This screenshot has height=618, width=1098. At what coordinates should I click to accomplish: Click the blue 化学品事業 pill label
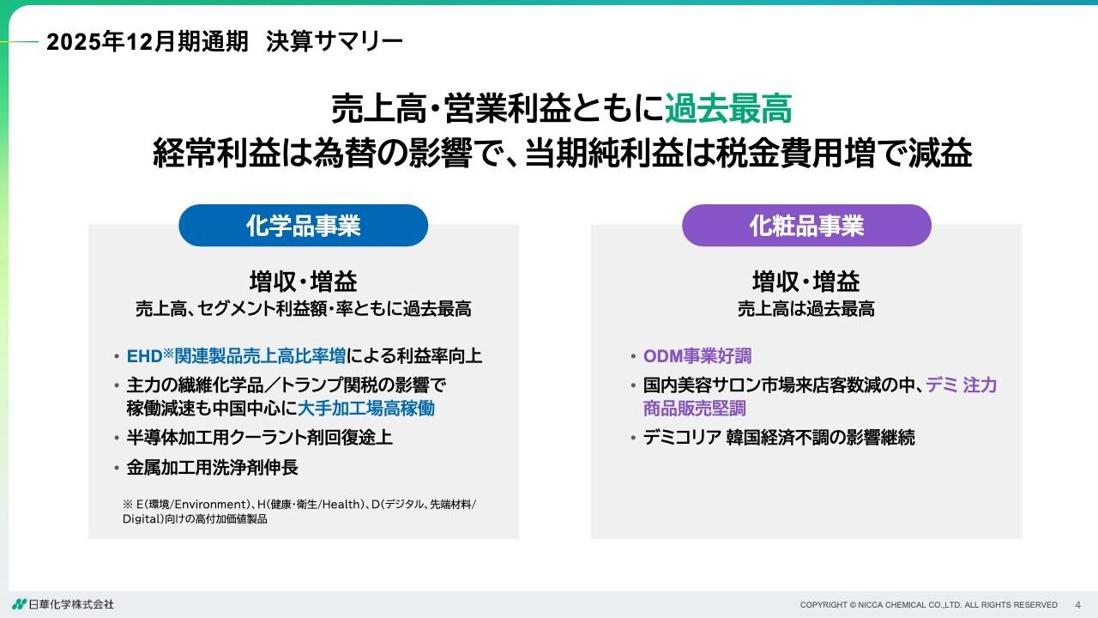(x=303, y=226)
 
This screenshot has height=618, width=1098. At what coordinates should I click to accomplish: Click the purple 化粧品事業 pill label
(x=806, y=226)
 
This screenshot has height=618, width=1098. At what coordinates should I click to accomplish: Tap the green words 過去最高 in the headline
(x=727, y=110)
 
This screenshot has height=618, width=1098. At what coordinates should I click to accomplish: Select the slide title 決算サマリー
(x=334, y=41)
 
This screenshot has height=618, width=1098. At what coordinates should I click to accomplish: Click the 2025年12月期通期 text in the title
(x=148, y=41)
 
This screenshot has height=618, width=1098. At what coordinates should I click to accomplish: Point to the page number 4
(x=1078, y=605)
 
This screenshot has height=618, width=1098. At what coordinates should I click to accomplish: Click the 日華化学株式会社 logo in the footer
(x=63, y=604)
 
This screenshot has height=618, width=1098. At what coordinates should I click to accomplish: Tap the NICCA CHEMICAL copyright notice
(x=928, y=605)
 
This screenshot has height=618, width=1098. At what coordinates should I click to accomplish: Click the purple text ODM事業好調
(x=697, y=356)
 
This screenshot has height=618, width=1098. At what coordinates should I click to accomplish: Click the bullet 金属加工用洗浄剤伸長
(x=212, y=468)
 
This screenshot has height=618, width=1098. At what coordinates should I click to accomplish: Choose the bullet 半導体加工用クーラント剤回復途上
(x=259, y=438)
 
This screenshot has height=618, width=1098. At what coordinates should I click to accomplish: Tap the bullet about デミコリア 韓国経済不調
(x=779, y=438)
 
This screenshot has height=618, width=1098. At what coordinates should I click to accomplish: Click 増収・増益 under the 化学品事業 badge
(x=303, y=282)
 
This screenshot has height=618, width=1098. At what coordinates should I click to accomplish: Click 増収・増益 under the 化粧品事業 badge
(x=806, y=282)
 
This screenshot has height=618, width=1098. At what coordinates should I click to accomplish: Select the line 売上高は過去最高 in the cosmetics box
(x=806, y=309)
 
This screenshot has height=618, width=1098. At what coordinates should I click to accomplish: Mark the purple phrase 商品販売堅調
(x=694, y=408)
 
